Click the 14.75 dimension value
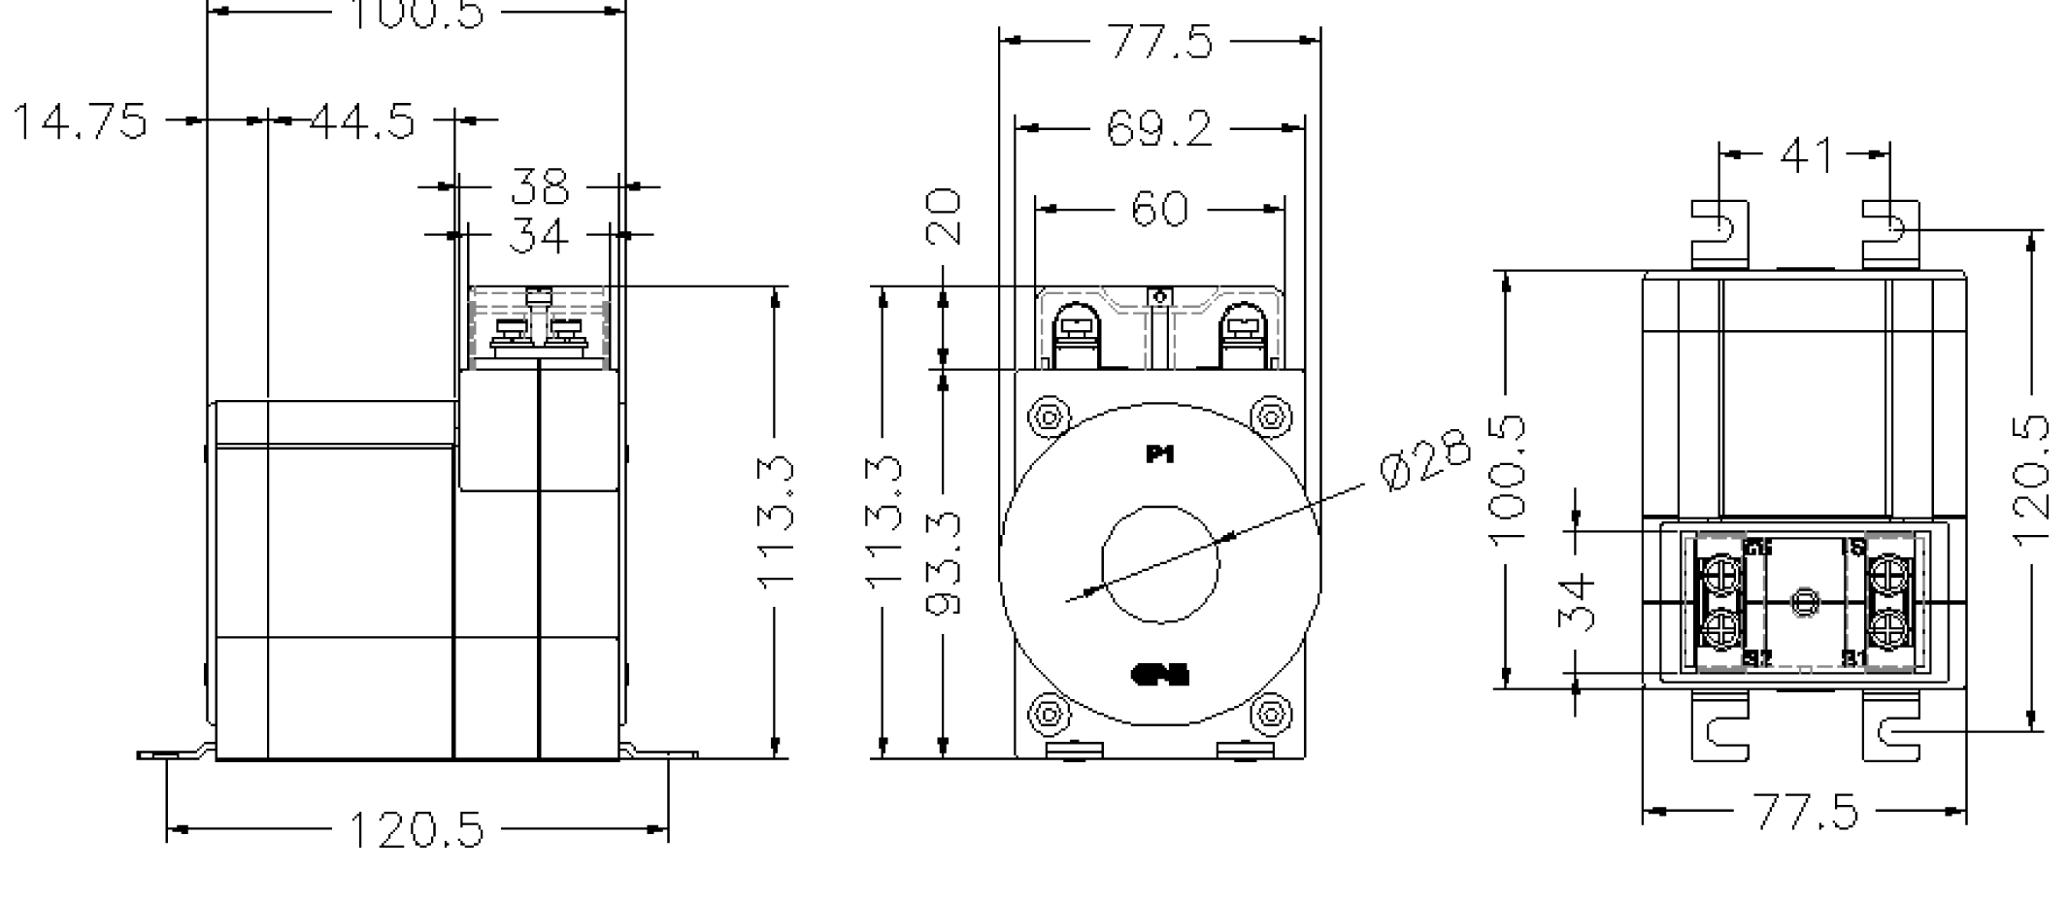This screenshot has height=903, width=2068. (80, 121)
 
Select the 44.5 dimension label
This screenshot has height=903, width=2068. (363, 121)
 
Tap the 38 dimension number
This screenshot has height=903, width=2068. (540, 186)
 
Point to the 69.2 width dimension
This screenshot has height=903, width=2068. (1159, 128)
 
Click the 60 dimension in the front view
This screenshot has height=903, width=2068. (1159, 209)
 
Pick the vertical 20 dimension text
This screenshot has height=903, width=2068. (944, 217)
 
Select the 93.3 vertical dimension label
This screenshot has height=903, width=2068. (944, 563)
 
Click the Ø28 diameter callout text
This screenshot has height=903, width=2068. (1424, 461)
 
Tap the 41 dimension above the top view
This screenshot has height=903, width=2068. (1806, 154)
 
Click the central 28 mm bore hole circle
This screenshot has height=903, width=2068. (1160, 563)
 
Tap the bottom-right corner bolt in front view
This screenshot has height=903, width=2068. (1270, 715)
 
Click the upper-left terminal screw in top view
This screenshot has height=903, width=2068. (1720, 573)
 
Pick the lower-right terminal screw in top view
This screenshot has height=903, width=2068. (1889, 628)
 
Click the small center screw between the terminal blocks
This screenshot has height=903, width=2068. (1804, 602)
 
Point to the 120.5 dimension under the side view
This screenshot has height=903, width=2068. (416, 830)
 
